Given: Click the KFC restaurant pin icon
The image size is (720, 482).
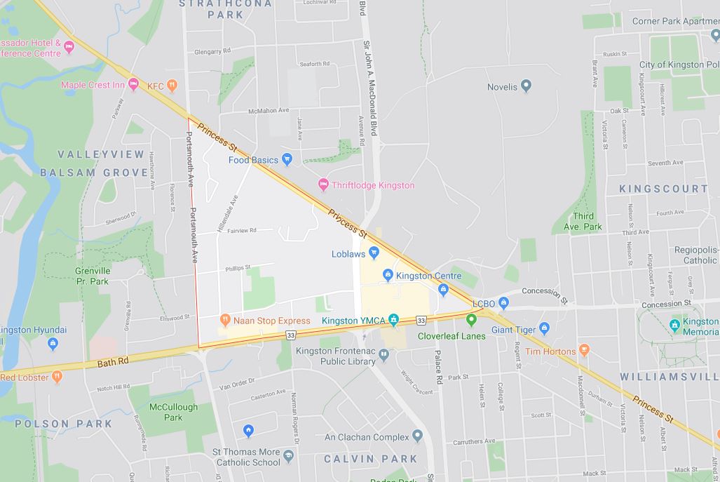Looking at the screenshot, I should pos(172,86).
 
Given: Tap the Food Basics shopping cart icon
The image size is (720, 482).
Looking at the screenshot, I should pos(287,160).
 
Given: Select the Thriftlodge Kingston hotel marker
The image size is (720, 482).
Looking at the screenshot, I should pos(323,185).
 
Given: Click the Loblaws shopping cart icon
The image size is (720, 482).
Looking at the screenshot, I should pos(374,253).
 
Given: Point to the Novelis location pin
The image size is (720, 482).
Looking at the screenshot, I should pos(527,87).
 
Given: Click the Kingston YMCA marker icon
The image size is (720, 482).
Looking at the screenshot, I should pos(394,321).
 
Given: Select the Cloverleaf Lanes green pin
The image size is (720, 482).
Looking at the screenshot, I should pos(471,321).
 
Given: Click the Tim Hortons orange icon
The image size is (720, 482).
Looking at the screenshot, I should pos(585,351).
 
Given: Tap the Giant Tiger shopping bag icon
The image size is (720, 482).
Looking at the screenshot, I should pos(544,329).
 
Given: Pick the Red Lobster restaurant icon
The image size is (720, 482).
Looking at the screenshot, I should pos(57,377).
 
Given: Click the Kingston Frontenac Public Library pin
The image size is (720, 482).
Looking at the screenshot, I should pos(383,356).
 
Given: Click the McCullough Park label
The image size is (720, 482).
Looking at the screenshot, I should pos(173,412).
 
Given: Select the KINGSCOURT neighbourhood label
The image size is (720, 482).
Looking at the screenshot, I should pos(663,189).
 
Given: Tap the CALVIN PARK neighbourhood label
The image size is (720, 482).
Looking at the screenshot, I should pos(371,459).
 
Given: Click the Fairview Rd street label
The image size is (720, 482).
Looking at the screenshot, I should pos(242,230).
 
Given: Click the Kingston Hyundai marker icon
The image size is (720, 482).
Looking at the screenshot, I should pos(53,344).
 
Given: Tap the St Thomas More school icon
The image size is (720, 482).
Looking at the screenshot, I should pos(287,457).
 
